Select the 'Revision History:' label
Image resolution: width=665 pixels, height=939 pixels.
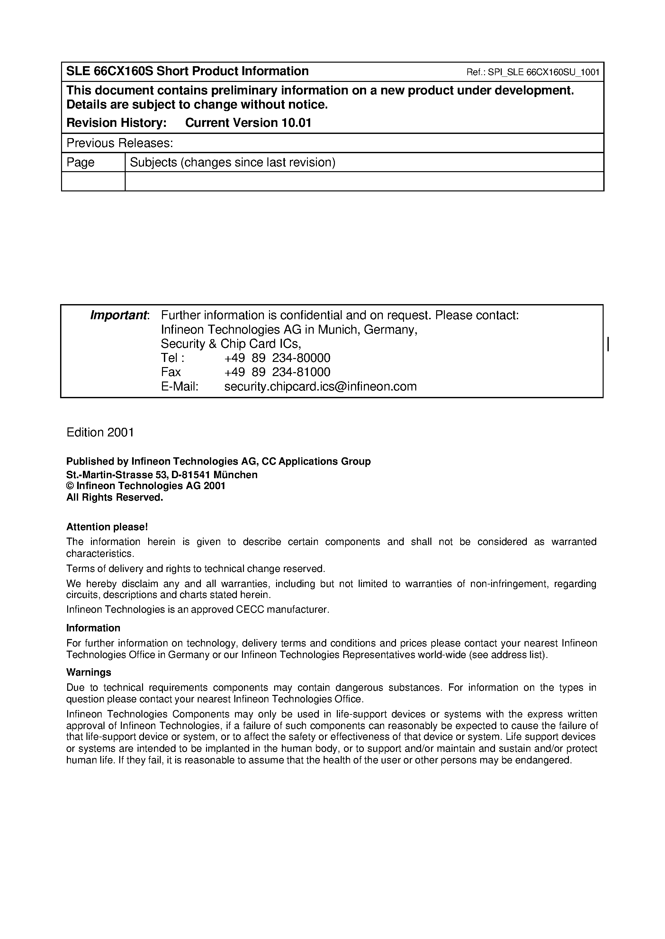coord(116,123)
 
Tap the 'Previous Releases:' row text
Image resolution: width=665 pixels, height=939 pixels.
coord(120,143)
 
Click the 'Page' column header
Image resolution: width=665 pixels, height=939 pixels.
coord(80,162)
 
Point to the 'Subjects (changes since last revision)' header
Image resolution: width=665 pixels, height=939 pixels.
coord(232,162)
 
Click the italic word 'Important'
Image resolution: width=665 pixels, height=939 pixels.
coord(118,315)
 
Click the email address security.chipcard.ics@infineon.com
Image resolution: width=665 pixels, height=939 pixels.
coord(320,386)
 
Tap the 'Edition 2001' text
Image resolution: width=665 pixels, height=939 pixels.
coord(100,433)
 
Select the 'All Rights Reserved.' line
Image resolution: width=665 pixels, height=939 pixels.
coord(115,497)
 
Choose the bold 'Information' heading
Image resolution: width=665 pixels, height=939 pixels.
coord(93,628)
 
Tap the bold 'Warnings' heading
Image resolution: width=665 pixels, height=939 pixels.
coord(88,672)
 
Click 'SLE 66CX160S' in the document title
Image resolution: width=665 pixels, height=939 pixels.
coord(109,71)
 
